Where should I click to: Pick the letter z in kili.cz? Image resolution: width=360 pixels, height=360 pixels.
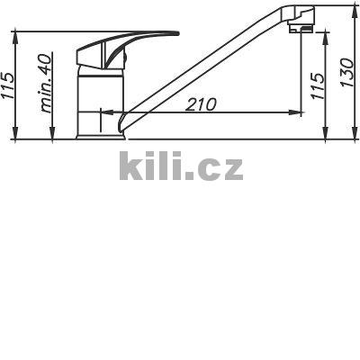(x=231, y=169)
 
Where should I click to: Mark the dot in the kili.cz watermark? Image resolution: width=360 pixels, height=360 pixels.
(x=190, y=177)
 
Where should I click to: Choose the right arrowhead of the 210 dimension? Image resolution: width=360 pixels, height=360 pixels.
(x=296, y=112)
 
